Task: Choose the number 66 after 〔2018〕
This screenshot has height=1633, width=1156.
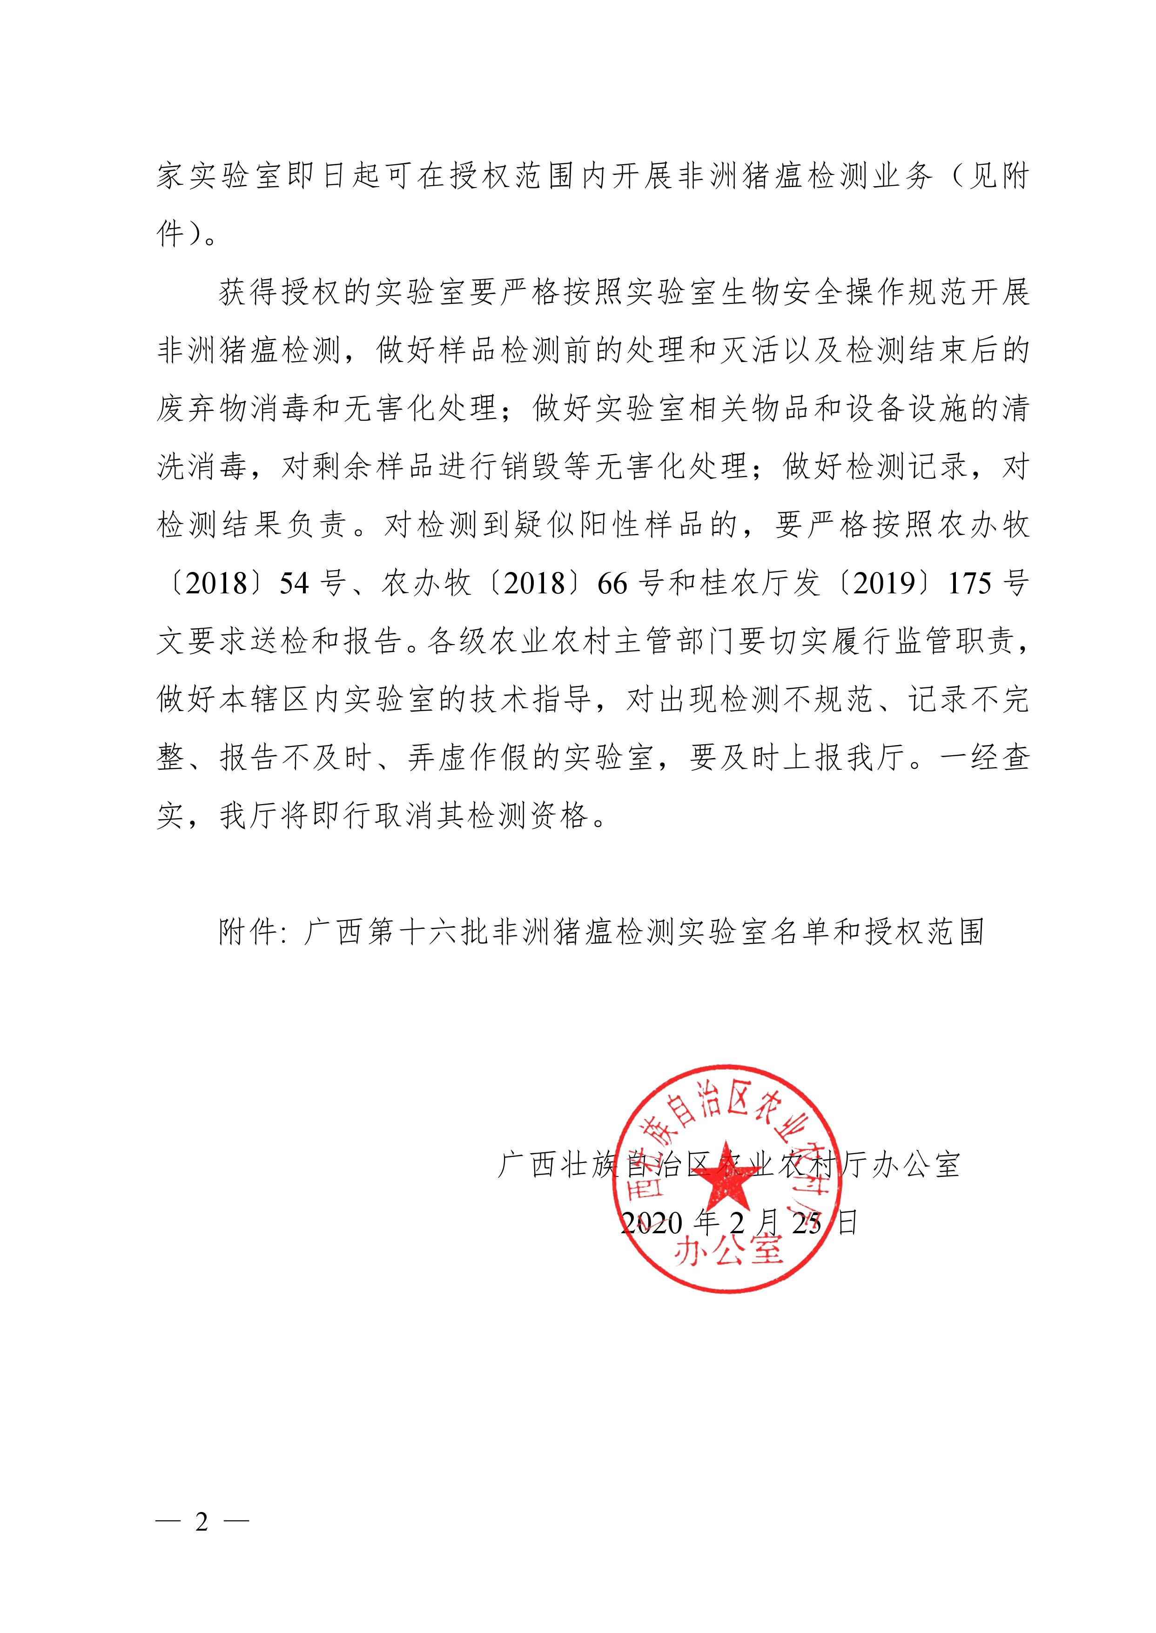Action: [x=613, y=584]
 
